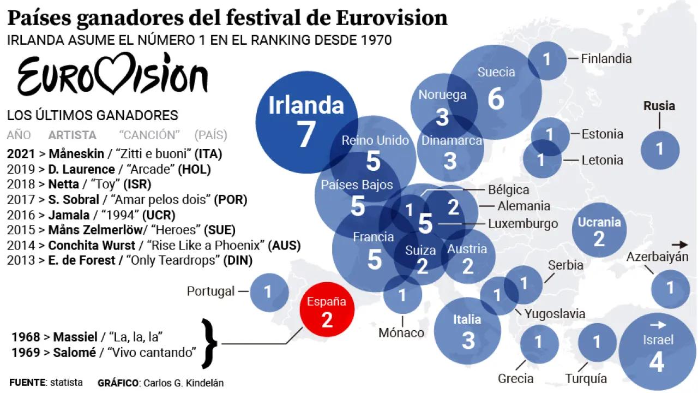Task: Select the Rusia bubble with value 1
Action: [660, 149]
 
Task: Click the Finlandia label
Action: [606, 58]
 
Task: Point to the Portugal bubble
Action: [269, 292]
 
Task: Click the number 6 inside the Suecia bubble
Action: [496, 99]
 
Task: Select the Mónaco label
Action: [401, 332]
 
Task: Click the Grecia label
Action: [515, 378]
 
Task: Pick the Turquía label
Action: [586, 378]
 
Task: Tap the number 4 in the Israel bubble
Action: [657, 363]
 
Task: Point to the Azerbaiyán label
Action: [657, 257]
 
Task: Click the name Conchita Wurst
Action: [82, 246]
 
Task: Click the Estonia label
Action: [602, 134]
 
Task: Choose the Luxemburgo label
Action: [523, 223]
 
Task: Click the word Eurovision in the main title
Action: [391, 19]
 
